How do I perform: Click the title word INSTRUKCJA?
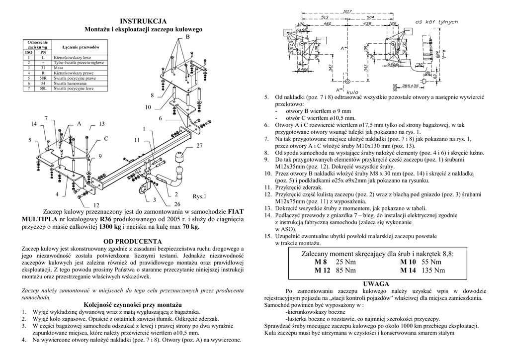click(x=144, y=21)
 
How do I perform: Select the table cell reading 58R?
click(x=43, y=79)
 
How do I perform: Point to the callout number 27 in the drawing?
click(x=200, y=146)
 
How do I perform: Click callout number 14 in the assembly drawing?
click(x=34, y=123)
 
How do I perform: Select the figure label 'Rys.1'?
click(x=199, y=197)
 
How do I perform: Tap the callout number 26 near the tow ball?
click(x=178, y=204)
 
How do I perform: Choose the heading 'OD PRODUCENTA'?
click(x=133, y=241)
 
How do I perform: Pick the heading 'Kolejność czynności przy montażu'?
click(x=132, y=304)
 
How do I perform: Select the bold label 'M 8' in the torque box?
click(x=321, y=262)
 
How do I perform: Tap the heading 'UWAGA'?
click(x=376, y=283)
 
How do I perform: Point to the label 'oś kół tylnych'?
click(x=436, y=22)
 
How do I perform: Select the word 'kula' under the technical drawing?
click(x=352, y=92)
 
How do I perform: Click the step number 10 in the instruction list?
click(x=267, y=174)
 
